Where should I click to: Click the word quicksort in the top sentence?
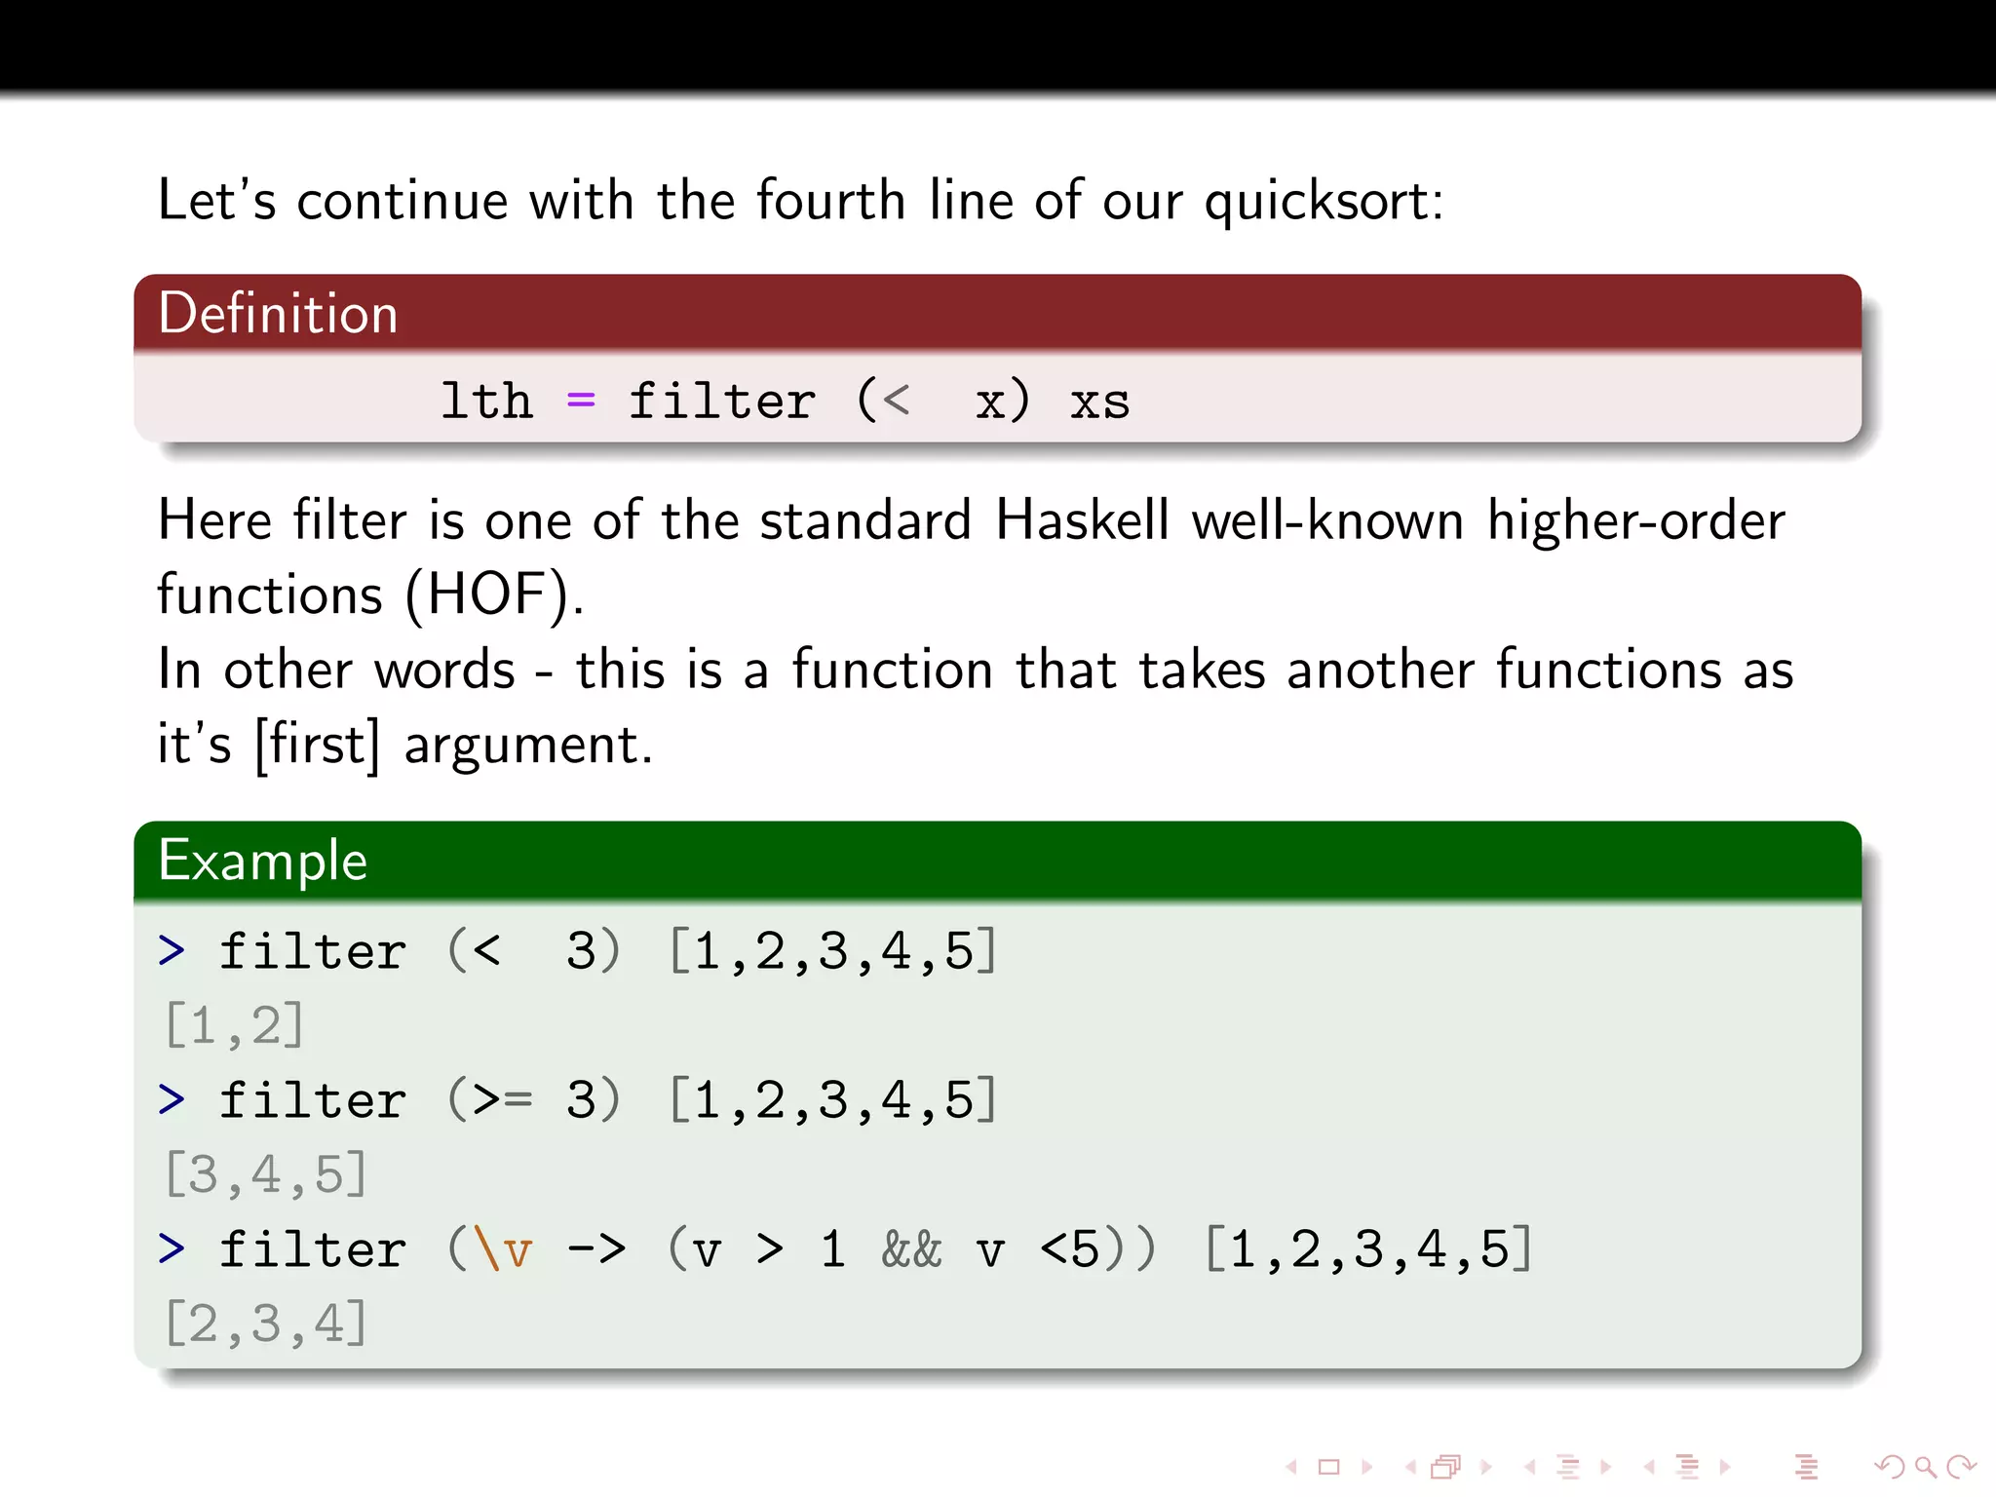point(1322,202)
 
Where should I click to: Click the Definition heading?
point(278,314)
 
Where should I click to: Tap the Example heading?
point(263,861)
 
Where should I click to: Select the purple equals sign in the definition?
point(581,401)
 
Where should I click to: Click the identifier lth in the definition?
point(486,401)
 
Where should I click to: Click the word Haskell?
point(1082,520)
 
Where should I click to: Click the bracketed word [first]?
point(317,745)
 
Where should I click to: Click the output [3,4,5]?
point(266,1174)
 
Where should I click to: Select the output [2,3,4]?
point(266,1324)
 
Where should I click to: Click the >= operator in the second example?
point(503,1100)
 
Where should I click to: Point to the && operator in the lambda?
point(911,1249)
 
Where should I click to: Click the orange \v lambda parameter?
point(503,1249)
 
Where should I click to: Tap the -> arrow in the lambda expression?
point(596,1249)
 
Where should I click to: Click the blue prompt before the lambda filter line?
point(172,1248)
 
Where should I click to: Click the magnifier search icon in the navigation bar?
point(1924,1467)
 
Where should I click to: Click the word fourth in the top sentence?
point(830,202)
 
